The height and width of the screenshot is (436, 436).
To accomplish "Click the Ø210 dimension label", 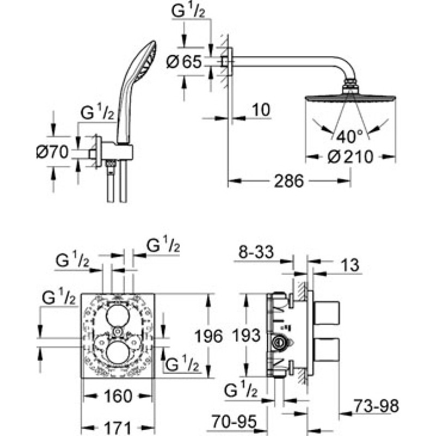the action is coord(350,157).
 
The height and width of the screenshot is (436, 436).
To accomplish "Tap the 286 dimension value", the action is coord(289,181).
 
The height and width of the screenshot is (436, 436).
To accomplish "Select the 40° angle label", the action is coord(349,137).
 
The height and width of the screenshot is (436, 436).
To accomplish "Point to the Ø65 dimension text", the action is coord(184,62).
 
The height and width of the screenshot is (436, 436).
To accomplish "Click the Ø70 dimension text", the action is coord(52,152).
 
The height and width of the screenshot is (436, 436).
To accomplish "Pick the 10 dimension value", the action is coord(262,110).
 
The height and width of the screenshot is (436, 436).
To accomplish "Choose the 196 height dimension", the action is coord(209,336).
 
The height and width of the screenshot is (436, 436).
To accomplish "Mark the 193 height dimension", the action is coord(246,335).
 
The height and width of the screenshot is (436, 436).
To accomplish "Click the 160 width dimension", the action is coord(118,396).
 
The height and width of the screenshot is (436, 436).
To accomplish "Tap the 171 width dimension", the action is coord(118,428).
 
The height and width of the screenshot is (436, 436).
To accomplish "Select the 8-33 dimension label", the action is coord(256,252).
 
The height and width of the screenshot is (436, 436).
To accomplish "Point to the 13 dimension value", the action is coord(350,265).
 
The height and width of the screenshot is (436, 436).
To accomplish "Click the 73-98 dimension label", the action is coord(376,406).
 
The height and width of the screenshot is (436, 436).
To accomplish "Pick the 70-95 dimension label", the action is coord(234,421).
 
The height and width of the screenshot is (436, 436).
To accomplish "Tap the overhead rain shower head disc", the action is coord(350,99).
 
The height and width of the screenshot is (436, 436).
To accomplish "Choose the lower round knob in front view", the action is coord(118,352).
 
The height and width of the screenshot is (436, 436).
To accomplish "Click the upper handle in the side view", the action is coord(326,312).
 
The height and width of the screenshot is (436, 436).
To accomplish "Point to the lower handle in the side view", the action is coord(326,350).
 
